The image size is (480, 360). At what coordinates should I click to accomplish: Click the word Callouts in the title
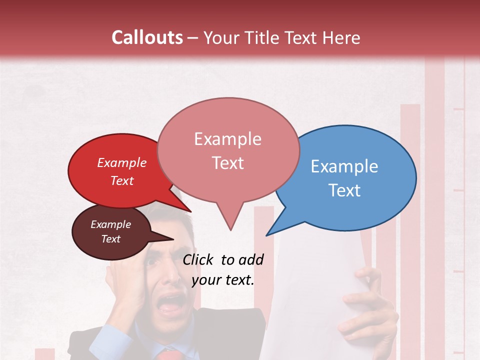pos(147,37)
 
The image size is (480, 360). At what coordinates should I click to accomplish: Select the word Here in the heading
pos(342,37)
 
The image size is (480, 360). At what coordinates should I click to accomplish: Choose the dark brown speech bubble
pos(110,232)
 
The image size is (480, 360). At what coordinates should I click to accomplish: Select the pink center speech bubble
pos(228,150)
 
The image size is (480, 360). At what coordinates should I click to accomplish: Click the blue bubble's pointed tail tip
pos(266,235)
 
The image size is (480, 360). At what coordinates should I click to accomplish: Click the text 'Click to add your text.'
pos(223,269)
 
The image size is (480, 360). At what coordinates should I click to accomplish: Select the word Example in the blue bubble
pos(344,166)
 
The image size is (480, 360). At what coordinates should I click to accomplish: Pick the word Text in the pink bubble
pos(228,163)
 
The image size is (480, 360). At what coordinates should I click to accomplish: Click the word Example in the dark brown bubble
pos(110,224)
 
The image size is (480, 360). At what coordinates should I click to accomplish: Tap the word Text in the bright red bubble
pos(122,180)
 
